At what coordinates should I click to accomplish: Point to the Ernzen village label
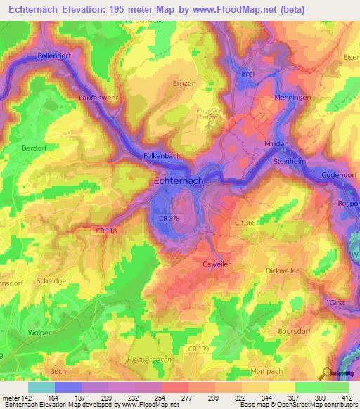[x=184, y=82]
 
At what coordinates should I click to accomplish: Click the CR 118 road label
[x=106, y=230]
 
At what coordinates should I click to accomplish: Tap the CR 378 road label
[x=170, y=220]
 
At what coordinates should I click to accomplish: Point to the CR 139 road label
[x=200, y=349]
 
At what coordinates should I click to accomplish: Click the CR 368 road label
[x=245, y=223]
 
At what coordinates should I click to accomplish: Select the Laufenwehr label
[x=98, y=98]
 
